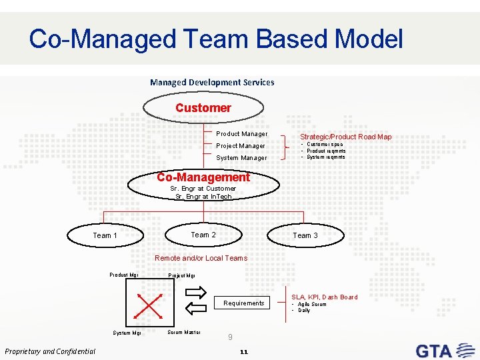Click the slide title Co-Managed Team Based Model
[215, 39]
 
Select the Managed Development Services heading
[212, 82]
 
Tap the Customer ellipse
[203, 107]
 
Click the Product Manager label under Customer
[241, 134]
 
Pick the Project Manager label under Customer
[241, 145]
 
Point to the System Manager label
[241, 158]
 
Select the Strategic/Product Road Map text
[345, 137]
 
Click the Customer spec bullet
[325, 144]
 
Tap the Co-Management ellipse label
[203, 177]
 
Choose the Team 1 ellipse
[105, 235]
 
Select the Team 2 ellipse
[203, 235]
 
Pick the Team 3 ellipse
[305, 235]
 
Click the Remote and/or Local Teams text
[201, 258]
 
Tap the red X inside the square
[148, 305]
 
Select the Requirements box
[244, 303]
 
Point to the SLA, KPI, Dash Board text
[324, 297]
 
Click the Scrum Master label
[184, 332]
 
